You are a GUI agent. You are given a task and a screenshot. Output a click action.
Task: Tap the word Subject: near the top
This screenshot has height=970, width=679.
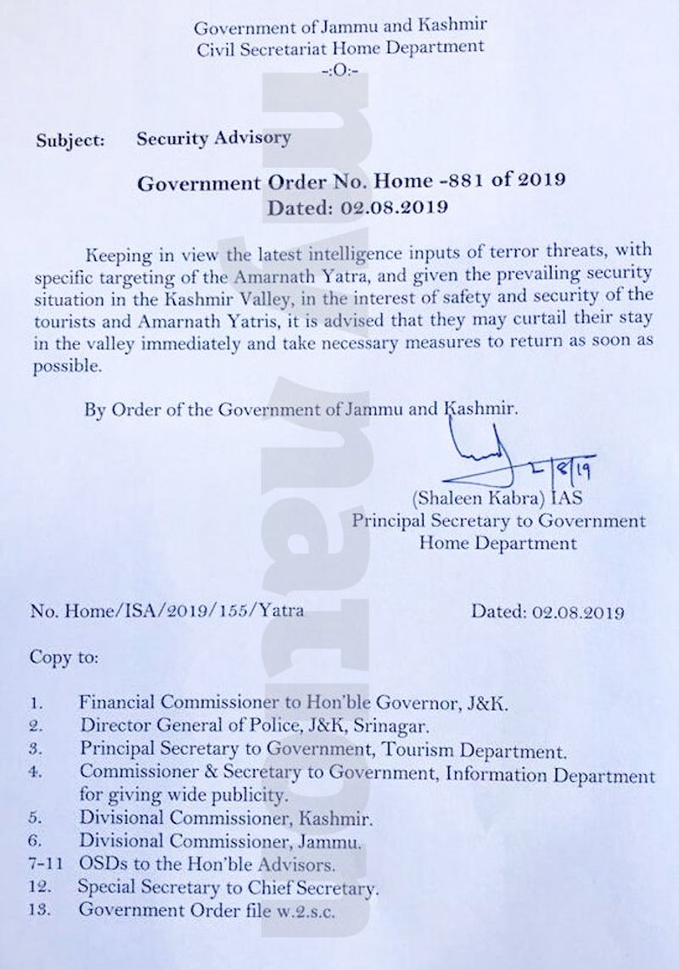point(70,141)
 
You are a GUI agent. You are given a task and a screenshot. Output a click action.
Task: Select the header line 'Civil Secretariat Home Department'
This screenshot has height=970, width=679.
point(339,50)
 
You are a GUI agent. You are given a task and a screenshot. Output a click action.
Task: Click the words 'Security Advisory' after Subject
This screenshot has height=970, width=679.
point(214,138)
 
